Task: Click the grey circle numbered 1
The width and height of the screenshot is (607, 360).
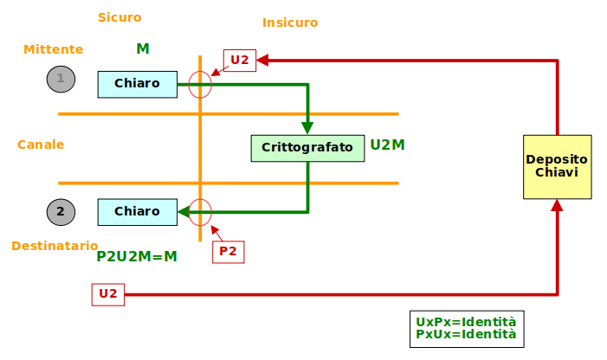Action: [x=61, y=79]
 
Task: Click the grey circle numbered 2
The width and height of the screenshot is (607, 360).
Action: [x=61, y=211]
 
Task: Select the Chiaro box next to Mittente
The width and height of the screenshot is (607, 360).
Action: [x=137, y=84]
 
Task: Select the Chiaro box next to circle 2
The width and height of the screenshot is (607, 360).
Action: [x=137, y=211]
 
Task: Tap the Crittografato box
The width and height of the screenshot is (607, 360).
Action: [x=307, y=148]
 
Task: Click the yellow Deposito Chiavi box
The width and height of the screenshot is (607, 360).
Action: [x=557, y=166]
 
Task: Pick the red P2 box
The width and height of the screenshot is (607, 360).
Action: [x=228, y=252]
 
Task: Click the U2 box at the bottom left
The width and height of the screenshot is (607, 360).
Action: [x=107, y=294]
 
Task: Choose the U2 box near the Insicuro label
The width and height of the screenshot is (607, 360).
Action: [x=240, y=61]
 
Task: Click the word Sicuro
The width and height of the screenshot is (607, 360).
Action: [x=119, y=17]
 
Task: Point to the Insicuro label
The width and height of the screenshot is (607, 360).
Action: [x=290, y=22]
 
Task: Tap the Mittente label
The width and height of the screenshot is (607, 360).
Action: [x=53, y=49]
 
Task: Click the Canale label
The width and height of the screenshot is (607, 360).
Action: [x=41, y=145]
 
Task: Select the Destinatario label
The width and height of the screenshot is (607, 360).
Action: [x=55, y=246]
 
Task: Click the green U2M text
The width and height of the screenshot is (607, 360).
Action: [x=387, y=145]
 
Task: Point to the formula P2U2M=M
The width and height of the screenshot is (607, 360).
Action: [x=137, y=256]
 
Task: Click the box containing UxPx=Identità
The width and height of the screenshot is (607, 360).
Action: [x=466, y=328]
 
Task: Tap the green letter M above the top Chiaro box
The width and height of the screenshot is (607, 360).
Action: [x=143, y=48]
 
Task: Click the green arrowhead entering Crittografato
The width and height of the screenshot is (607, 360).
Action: [x=307, y=128]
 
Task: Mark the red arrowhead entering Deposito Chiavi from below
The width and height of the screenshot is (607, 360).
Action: [x=557, y=205]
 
